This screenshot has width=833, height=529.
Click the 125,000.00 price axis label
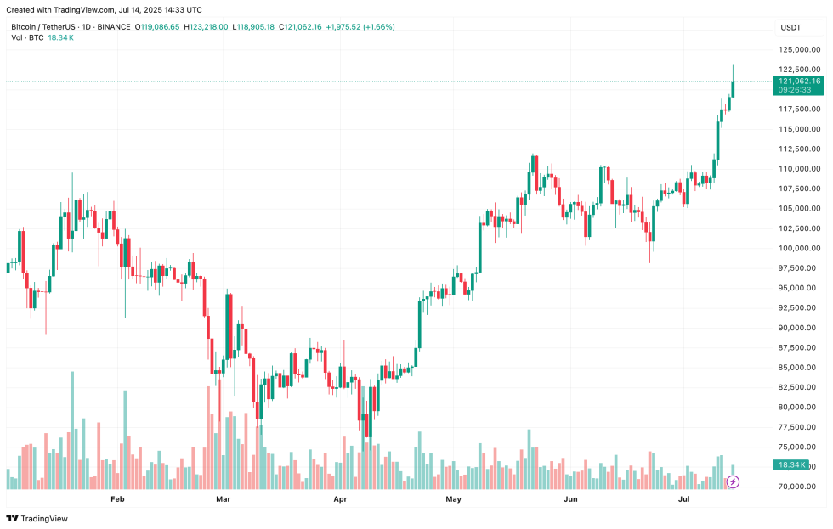click(x=798, y=49)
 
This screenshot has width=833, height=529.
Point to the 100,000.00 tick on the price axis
click(x=798, y=248)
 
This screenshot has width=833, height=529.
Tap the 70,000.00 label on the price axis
click(x=798, y=487)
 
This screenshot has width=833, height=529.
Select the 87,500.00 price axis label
click(x=798, y=347)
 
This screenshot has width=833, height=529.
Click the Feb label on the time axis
click(x=117, y=500)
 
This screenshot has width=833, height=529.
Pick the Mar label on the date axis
click(x=224, y=500)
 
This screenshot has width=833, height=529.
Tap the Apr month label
click(x=341, y=500)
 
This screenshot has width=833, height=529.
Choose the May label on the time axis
click(x=453, y=500)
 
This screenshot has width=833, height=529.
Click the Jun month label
click(x=570, y=500)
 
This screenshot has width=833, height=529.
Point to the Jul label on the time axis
click(x=683, y=500)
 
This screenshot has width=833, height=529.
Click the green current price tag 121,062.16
click(x=798, y=81)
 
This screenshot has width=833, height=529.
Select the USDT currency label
click(x=790, y=27)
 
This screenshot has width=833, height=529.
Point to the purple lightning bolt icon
click(x=733, y=482)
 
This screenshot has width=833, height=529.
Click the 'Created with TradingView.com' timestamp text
click(x=107, y=10)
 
